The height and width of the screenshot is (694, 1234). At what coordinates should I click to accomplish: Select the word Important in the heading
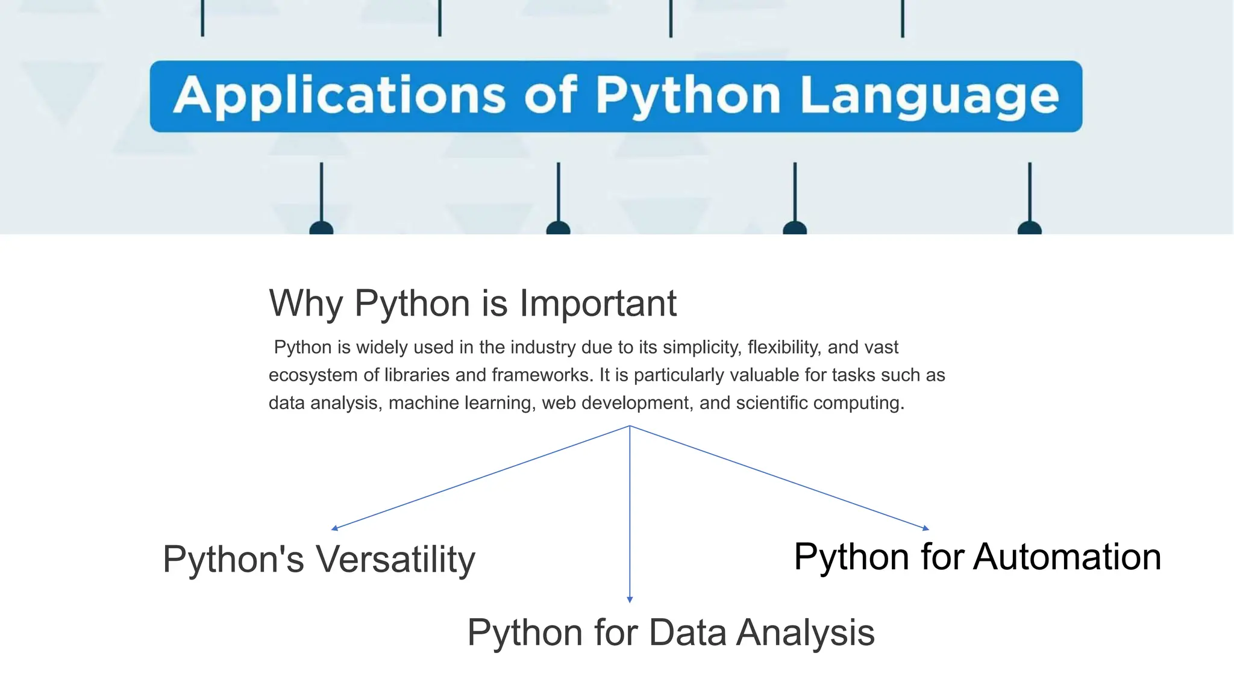coord(598,303)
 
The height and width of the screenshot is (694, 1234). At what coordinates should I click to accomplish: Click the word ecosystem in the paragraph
coord(313,375)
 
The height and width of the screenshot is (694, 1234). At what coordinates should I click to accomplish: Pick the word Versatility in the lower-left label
coord(396,560)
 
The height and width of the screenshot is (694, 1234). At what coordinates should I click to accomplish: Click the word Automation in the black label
coord(1067,557)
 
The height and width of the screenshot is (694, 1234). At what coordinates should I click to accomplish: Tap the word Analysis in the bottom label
coord(806,633)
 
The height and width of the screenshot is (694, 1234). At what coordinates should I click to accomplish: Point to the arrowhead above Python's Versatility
coord(334,528)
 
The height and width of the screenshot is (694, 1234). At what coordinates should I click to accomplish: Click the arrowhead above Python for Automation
coord(926,528)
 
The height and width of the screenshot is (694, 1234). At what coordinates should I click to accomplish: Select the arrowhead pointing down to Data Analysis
coord(630,599)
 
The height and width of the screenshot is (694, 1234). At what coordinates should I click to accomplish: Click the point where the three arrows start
coord(630,426)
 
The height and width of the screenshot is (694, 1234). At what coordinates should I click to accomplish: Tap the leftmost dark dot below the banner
coord(321,229)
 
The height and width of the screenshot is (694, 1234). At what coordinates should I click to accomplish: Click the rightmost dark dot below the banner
coord(1030,229)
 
